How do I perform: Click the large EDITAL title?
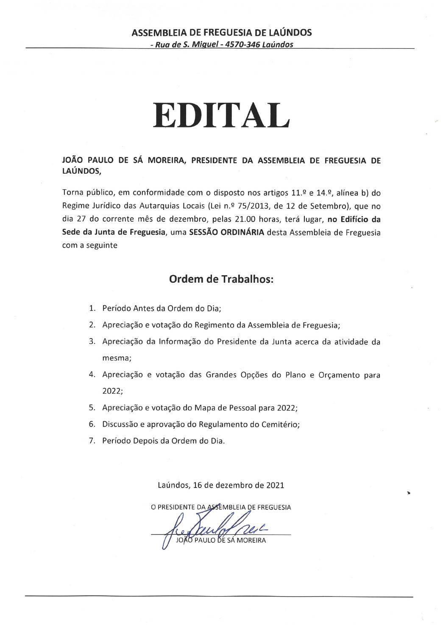(x=221, y=115)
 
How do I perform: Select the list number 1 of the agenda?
(x=92, y=308)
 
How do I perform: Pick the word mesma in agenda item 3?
(x=117, y=358)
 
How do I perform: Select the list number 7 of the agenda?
(x=92, y=441)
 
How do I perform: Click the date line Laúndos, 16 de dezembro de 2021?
(x=221, y=485)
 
